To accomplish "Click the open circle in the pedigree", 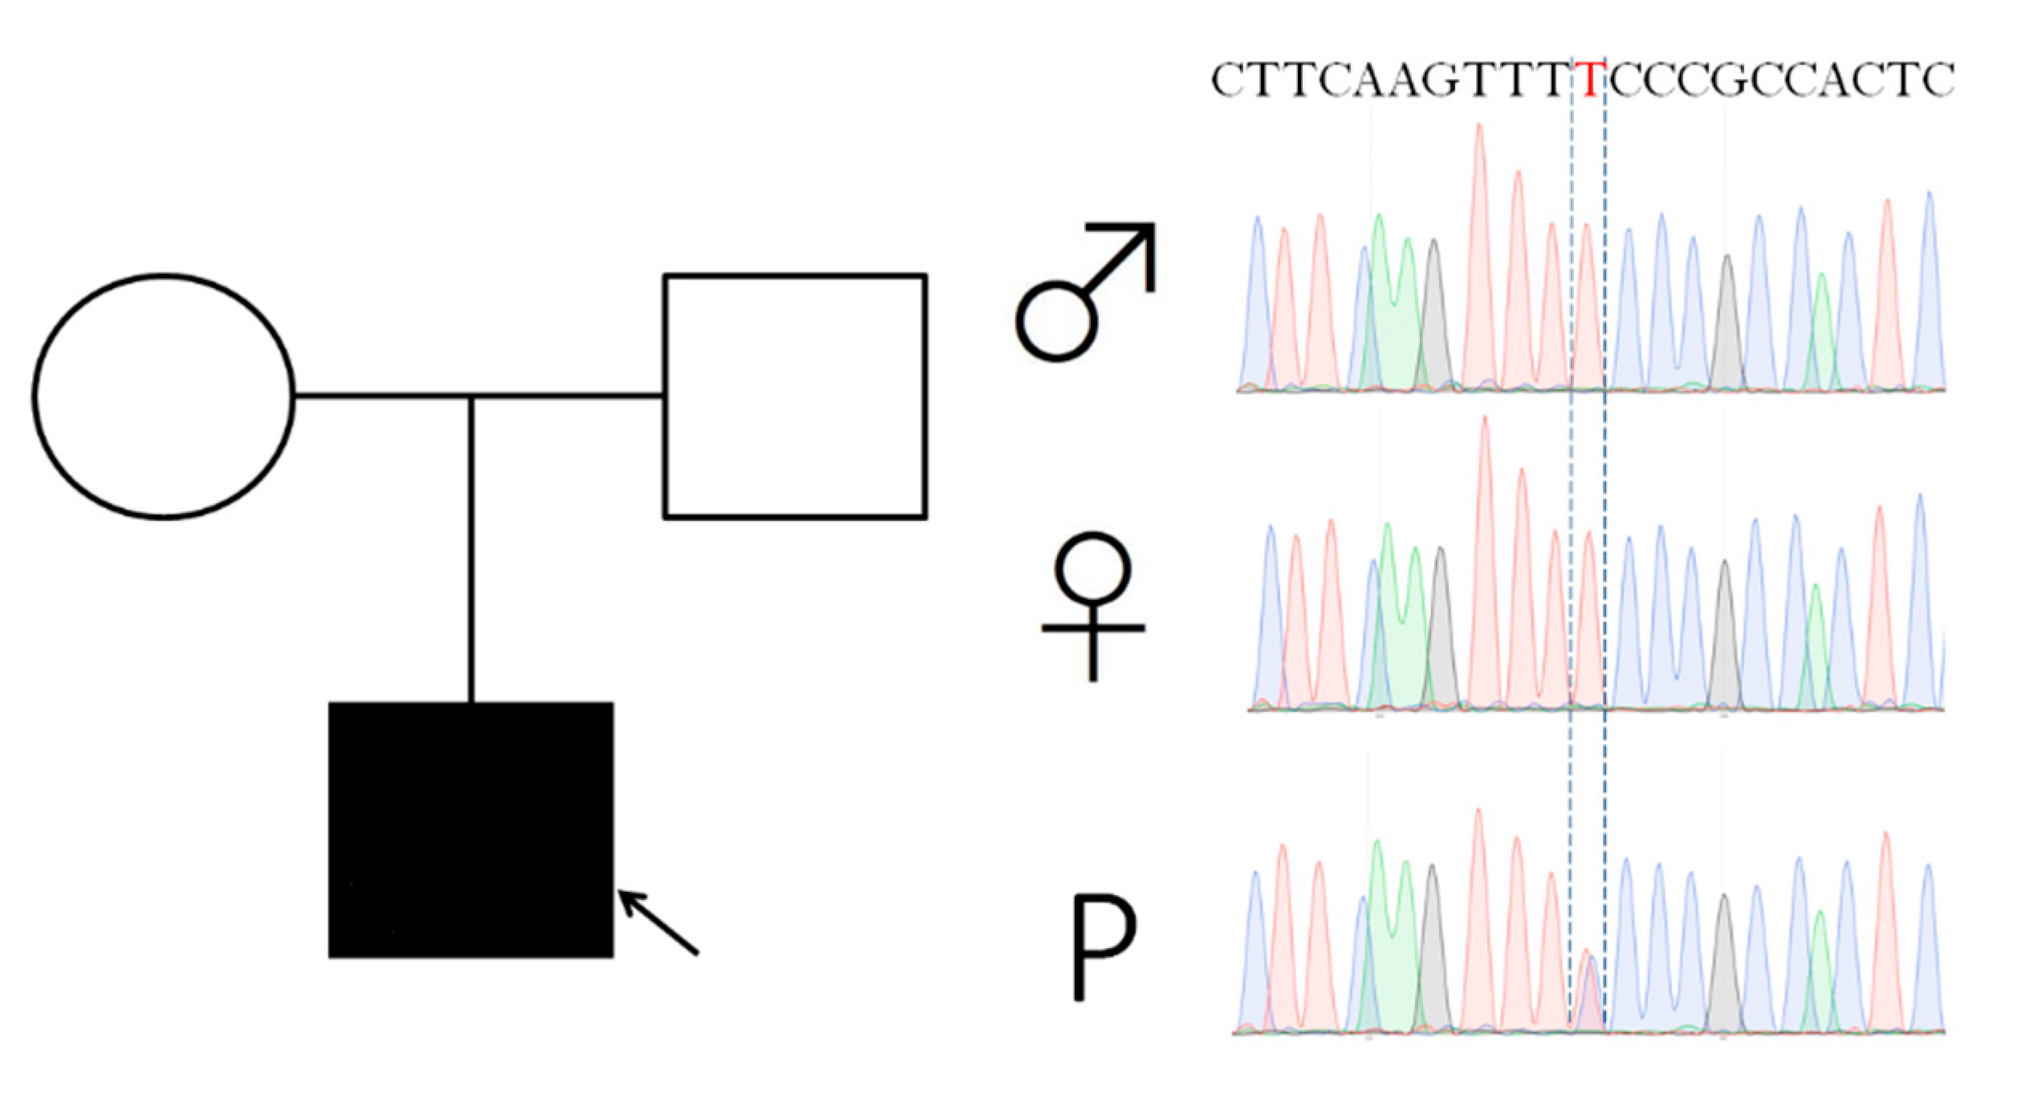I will click(164, 397).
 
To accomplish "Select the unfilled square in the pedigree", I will click(795, 397).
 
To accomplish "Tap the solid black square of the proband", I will click(471, 829).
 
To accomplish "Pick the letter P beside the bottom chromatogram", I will click(1104, 947).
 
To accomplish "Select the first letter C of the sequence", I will click(1230, 80).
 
